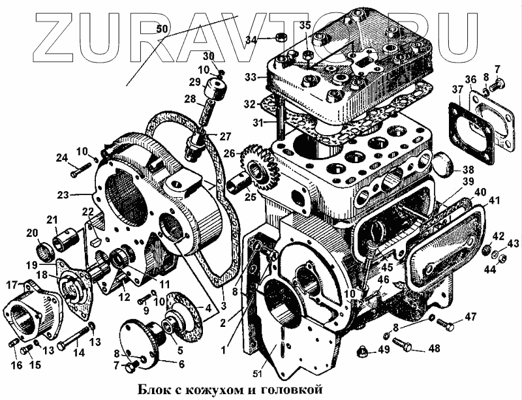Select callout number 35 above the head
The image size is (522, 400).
click(x=305, y=25)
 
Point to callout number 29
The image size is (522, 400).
click(x=194, y=82)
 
